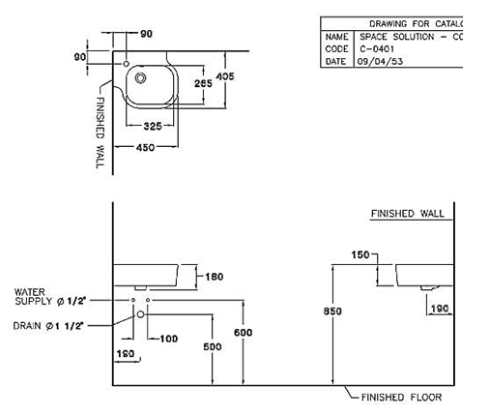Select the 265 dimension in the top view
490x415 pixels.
tap(204, 83)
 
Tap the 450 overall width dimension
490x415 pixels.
tap(146, 148)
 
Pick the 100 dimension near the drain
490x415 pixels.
tap(170, 338)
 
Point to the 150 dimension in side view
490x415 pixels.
tap(360, 255)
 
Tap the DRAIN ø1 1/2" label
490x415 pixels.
tap(53, 326)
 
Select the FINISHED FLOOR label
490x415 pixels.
tap(401, 397)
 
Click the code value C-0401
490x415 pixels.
tap(375, 48)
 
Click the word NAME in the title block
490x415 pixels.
tap(336, 36)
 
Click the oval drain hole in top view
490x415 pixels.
tap(140, 78)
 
